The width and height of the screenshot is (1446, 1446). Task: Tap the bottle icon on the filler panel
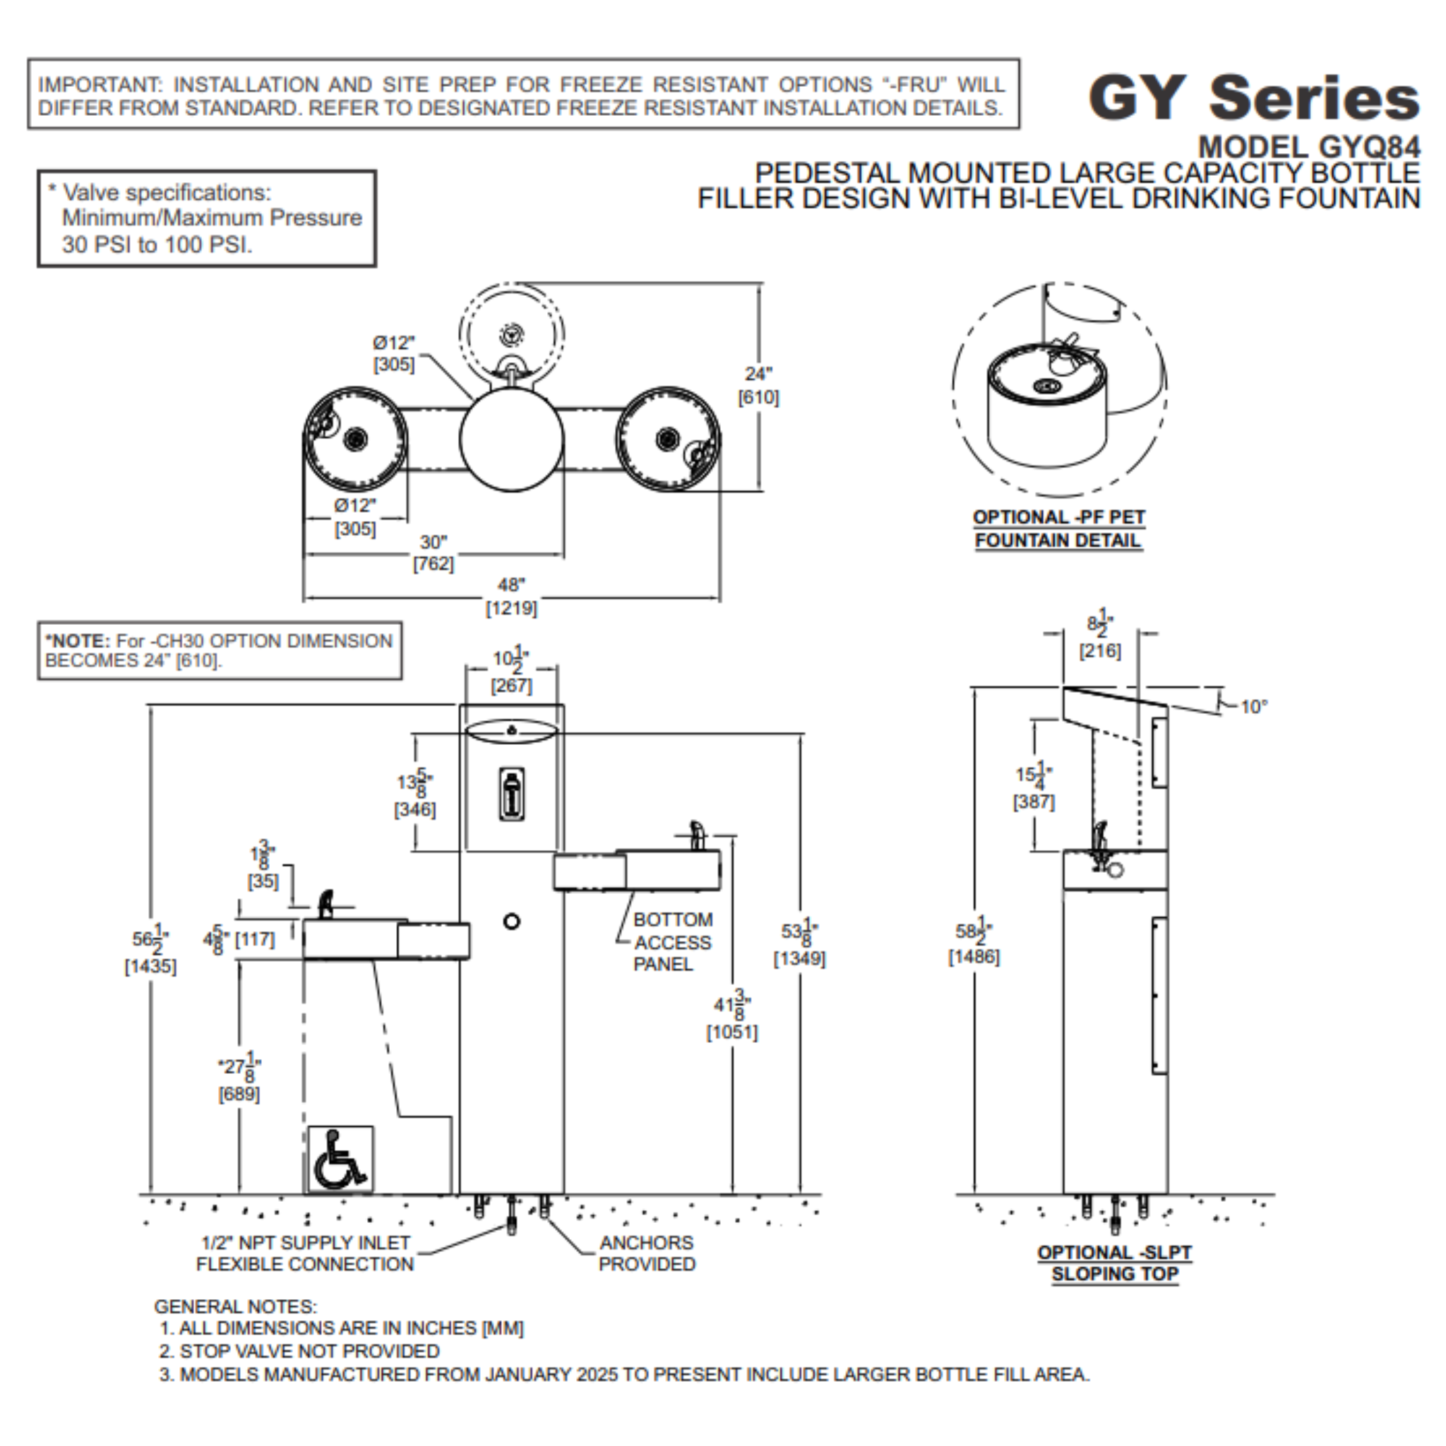(x=512, y=794)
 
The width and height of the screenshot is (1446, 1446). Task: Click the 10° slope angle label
(x=1253, y=707)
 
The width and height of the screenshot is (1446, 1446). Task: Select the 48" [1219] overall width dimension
(x=511, y=597)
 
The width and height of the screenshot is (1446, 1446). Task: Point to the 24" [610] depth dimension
(x=758, y=385)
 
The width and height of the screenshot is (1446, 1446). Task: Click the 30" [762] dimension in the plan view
(x=433, y=552)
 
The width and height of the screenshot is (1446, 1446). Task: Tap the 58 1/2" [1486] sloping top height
(x=973, y=943)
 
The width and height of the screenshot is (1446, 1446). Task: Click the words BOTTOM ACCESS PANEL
(x=671, y=942)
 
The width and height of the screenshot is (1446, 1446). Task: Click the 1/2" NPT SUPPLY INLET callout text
(x=304, y=1253)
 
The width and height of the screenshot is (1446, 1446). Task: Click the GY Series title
(x=1253, y=98)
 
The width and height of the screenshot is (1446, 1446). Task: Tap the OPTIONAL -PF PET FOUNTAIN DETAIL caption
(x=1058, y=528)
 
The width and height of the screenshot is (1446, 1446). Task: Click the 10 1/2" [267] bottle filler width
(x=511, y=671)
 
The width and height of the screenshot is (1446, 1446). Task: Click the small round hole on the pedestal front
(x=511, y=921)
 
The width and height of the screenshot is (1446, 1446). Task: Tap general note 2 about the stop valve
(x=299, y=1351)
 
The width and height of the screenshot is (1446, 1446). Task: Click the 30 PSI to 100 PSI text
(x=157, y=244)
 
